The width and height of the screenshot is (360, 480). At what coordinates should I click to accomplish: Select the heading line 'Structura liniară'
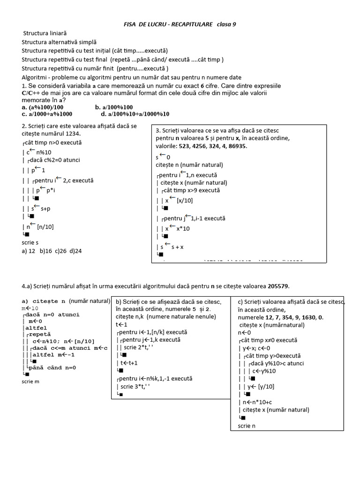pyautogui.click(x=45, y=33)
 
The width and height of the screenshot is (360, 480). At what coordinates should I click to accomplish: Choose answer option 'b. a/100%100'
pyautogui.click(x=114, y=107)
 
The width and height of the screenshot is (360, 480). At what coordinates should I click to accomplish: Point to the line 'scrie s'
pyautogui.click(x=30, y=242)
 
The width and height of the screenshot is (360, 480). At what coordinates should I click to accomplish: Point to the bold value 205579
pyautogui.click(x=282, y=285)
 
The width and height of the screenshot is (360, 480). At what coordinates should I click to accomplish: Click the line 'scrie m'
pyautogui.click(x=30, y=381)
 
